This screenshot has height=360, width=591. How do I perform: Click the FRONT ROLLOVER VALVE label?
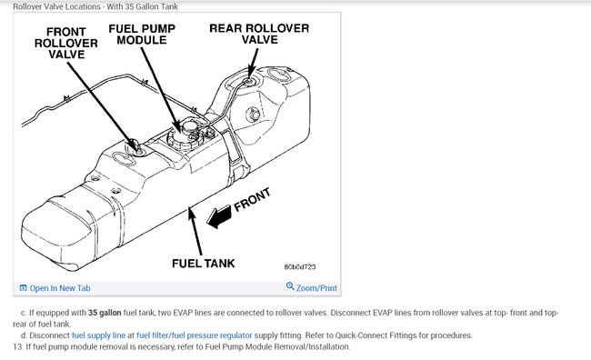coord(66,43)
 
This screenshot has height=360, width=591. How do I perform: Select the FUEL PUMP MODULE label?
coord(142,35)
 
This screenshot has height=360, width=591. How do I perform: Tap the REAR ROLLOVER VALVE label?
coord(259,34)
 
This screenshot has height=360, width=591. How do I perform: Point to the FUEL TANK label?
coord(203,263)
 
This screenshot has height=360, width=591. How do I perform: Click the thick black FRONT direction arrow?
coord(219,216)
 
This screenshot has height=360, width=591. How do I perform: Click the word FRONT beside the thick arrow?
coord(252,200)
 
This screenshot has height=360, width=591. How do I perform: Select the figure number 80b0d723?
coord(300,267)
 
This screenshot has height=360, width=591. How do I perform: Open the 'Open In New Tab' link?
coord(59,288)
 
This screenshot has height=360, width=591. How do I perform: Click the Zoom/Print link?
coord(316,288)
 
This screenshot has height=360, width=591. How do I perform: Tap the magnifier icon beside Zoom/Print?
coord(290,286)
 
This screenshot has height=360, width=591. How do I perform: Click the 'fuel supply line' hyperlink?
coord(98,335)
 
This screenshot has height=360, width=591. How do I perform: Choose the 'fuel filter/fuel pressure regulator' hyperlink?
coord(194,335)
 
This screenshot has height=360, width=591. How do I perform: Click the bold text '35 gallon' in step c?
coord(105,313)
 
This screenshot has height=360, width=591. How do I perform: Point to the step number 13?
coord(17,346)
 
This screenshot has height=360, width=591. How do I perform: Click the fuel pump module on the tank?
coord(185,135)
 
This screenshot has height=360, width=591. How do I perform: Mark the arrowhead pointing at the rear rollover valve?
coord(250,73)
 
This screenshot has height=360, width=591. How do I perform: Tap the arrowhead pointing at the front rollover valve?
coord(135,145)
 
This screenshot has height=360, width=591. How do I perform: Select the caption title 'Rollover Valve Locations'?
coord(56,6)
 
